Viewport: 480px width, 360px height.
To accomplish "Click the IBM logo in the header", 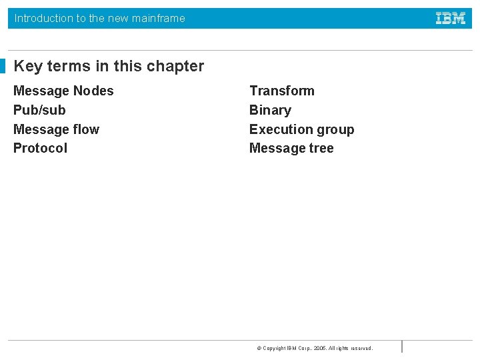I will coord(451,19).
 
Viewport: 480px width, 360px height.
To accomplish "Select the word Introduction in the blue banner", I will coord(44,19).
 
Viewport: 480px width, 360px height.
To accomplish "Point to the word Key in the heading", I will coord(28,66).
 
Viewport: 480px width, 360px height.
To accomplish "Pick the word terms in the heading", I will coord(67,66).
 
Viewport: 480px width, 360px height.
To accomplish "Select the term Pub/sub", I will coord(39,110).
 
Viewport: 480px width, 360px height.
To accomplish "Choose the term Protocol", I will coord(40,148).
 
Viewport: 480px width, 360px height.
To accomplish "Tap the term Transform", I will coord(281,91).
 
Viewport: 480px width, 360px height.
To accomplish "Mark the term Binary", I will coord(270,110).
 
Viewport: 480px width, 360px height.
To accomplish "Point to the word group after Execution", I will coord(335,130).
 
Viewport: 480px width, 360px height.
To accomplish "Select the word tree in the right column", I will coord(321,148).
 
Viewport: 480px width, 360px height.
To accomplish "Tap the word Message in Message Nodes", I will coord(41,91).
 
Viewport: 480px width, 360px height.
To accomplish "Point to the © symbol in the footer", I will coord(259,348).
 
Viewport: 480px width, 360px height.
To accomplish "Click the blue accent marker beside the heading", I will coord(3,66).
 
